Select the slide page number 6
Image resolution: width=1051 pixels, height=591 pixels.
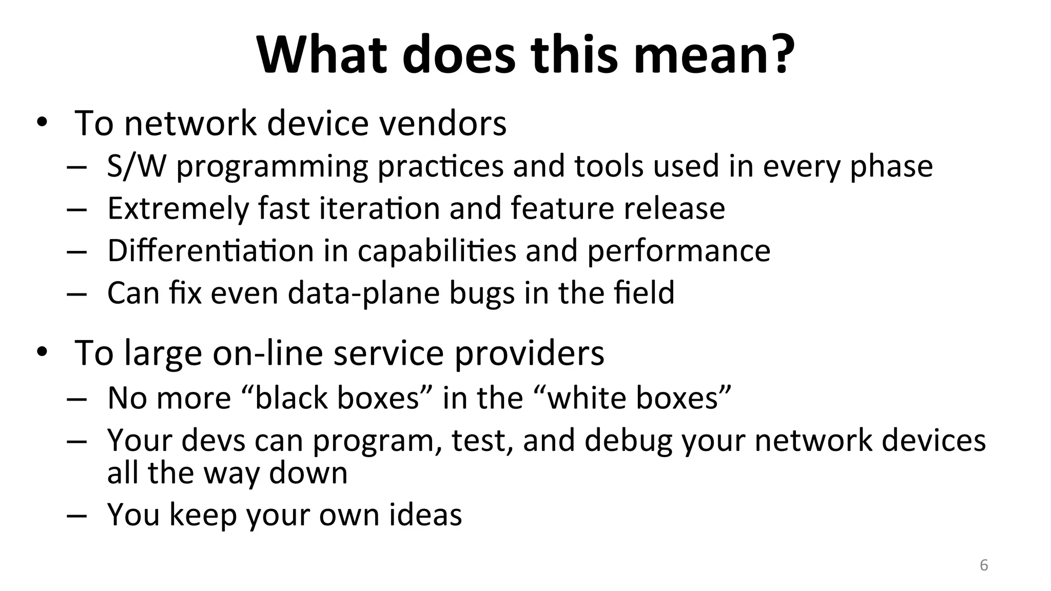[984, 565]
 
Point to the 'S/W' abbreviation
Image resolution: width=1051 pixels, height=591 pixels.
[137, 166]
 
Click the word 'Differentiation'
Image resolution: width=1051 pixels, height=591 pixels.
[210, 251]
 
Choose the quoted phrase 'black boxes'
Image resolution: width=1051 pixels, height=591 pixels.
[338, 398]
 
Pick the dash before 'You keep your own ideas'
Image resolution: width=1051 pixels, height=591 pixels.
[76, 516]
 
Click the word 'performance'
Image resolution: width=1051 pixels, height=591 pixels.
[678, 251]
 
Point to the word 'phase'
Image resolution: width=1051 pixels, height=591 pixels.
[891, 166]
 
